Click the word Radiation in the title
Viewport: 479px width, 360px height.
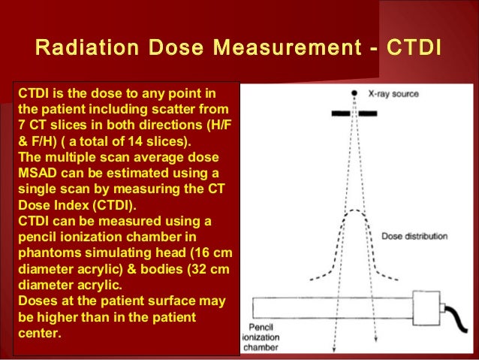coord(82,49)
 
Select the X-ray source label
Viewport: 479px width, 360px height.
coord(393,94)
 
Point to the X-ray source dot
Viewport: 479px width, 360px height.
coord(354,93)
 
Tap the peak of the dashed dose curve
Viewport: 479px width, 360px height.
coord(354,212)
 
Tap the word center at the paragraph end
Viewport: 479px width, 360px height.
coord(38,331)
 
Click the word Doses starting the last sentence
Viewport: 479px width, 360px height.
coord(36,299)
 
